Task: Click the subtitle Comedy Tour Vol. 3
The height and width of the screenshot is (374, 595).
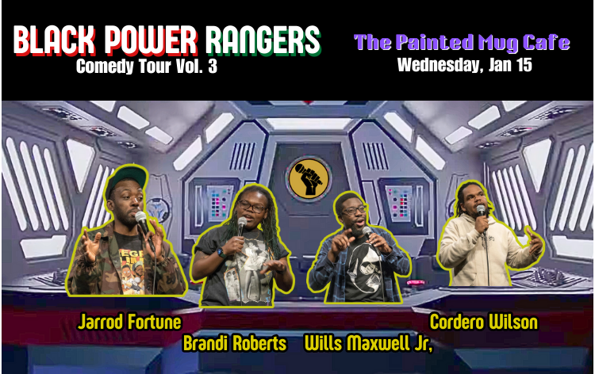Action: click(146, 67)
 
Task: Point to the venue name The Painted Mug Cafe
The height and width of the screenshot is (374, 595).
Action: click(462, 41)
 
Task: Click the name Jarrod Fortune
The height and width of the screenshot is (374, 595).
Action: click(129, 322)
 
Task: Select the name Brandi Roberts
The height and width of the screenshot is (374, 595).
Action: click(235, 343)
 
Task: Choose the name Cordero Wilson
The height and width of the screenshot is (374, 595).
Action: click(483, 322)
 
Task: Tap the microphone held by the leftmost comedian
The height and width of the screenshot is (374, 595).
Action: click(141, 219)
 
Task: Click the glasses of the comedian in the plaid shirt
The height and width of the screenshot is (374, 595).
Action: click(354, 211)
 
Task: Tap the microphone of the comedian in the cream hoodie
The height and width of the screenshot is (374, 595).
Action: click(481, 212)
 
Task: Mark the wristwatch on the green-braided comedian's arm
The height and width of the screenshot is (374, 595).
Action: click(221, 253)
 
